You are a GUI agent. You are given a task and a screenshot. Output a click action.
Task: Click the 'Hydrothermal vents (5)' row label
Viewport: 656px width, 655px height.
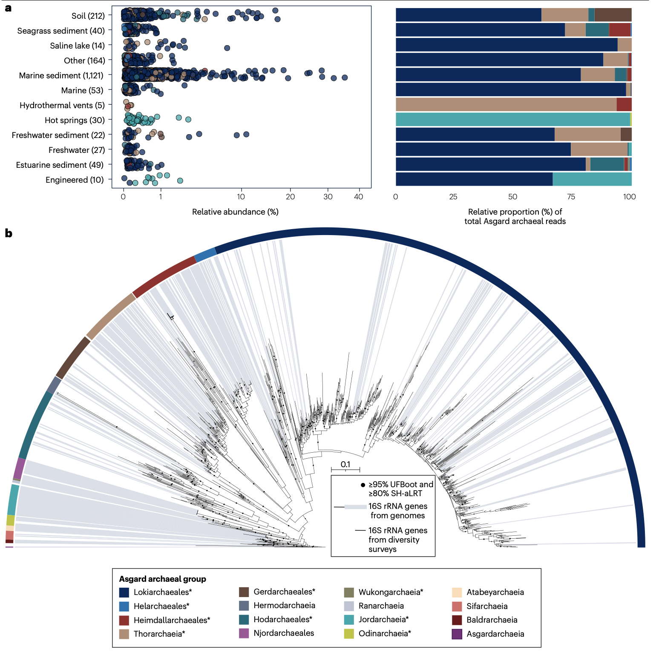62,105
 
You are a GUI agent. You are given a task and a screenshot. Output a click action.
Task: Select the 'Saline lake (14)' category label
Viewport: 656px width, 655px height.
77,46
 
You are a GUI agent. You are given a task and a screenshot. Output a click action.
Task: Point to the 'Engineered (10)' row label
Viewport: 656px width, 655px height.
75,180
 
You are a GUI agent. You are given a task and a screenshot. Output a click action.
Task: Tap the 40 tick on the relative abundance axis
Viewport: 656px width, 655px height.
359,197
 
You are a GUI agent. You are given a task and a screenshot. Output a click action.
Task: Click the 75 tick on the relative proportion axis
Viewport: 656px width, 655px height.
571,197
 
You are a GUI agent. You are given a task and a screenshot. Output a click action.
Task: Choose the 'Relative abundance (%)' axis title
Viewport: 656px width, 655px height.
235,212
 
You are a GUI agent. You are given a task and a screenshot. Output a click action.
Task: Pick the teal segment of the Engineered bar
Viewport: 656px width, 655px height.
592,179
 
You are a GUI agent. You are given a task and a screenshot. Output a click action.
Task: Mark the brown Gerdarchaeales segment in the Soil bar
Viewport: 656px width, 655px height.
613,15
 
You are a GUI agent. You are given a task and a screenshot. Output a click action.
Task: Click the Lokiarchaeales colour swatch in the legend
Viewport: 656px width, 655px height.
124,592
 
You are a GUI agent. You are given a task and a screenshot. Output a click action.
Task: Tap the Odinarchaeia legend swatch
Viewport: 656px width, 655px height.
349,634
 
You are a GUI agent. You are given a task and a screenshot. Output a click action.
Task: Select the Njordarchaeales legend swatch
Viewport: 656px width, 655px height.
244,633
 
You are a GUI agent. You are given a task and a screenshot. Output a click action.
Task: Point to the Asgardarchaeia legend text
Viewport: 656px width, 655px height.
495,634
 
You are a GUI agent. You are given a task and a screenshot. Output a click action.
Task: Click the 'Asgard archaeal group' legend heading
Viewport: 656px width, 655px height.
162,579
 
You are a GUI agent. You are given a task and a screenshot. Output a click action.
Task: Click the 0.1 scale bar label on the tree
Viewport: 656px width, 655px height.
345,464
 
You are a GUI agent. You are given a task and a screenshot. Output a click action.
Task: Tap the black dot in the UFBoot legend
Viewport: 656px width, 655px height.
363,485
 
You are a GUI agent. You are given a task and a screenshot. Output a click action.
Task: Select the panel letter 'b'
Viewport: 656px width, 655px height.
9,233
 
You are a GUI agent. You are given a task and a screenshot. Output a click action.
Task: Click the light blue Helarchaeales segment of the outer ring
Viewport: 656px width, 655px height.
205,254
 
